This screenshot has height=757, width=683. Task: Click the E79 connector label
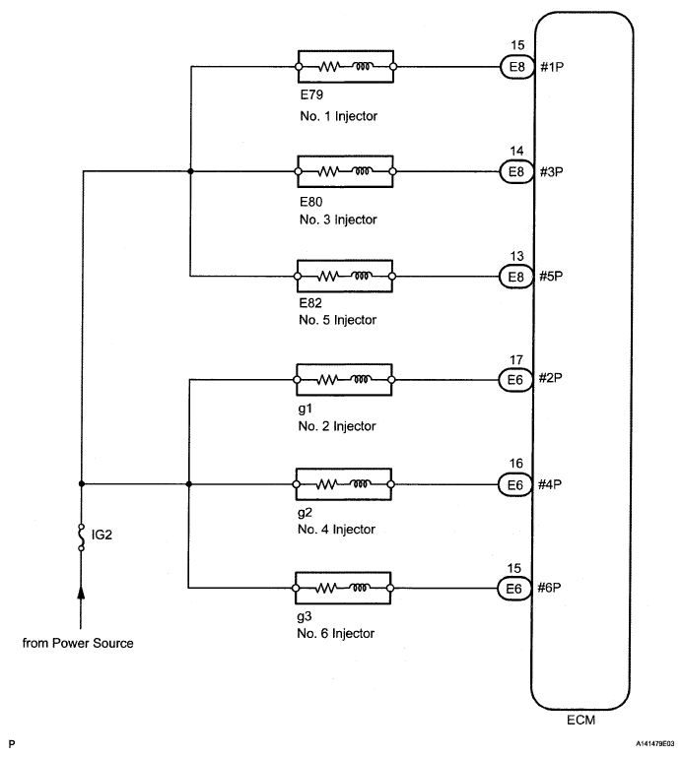pyautogui.click(x=311, y=95)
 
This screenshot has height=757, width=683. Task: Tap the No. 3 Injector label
pyautogui.click(x=338, y=220)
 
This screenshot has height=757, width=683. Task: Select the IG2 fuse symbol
pyautogui.click(x=81, y=536)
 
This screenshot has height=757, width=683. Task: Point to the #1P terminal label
pyautogui.click(x=552, y=67)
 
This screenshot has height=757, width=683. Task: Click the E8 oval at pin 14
pyautogui.click(x=516, y=171)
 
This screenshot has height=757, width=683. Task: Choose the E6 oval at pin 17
pyautogui.click(x=515, y=380)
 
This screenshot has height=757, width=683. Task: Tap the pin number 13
pyautogui.click(x=516, y=256)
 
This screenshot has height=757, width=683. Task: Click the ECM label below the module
pyautogui.click(x=581, y=720)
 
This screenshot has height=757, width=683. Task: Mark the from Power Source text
pyautogui.click(x=78, y=643)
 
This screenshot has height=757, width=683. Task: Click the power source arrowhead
pyautogui.click(x=81, y=593)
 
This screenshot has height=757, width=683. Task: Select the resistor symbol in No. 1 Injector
pyautogui.click(x=328, y=67)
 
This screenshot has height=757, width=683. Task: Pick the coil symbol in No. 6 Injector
pyautogui.click(x=360, y=588)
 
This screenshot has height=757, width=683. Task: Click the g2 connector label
pyautogui.click(x=305, y=512)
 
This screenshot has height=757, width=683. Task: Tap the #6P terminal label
pyautogui.click(x=549, y=588)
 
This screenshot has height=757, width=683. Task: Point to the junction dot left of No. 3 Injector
pyautogui.click(x=190, y=171)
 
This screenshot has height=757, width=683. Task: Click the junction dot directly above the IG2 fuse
pyautogui.click(x=82, y=483)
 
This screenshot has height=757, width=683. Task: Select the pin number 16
pyautogui.click(x=515, y=464)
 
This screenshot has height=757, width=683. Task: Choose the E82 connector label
pyautogui.click(x=310, y=303)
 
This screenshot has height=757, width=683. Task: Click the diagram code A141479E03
pyautogui.click(x=655, y=744)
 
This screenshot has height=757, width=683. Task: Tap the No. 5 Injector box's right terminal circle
pyautogui.click(x=392, y=277)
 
